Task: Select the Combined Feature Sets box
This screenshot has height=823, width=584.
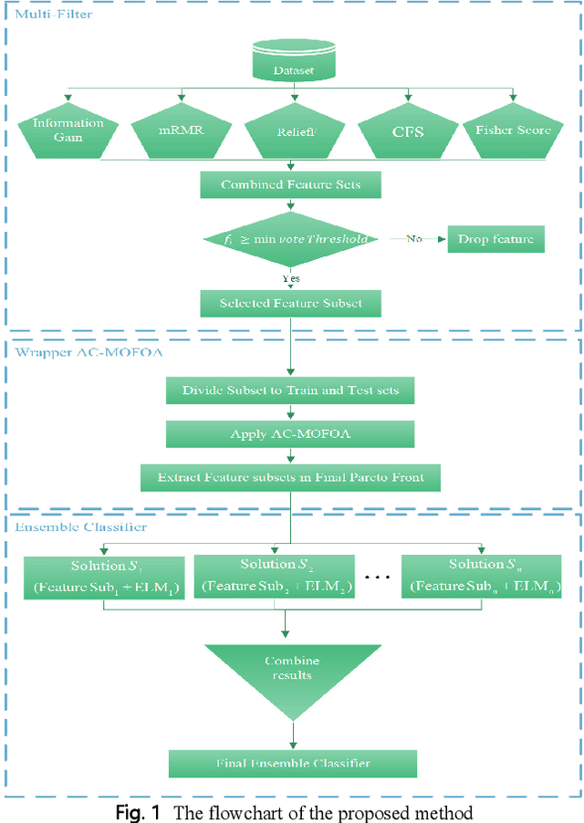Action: tap(290, 184)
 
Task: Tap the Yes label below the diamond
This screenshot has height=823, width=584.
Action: tap(289, 279)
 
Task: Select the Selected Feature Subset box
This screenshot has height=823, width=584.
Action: tap(289, 304)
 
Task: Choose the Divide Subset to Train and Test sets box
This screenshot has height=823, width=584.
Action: tap(289, 391)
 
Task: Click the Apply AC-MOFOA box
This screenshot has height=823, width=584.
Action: tap(289, 433)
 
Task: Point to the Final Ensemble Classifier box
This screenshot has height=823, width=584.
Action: tap(292, 762)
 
